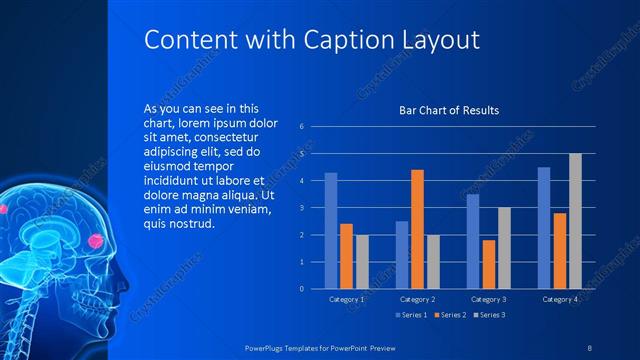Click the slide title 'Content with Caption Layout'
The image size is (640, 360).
pos(311,39)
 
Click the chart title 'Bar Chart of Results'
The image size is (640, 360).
pos(449,110)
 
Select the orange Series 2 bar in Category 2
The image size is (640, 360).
pos(417,229)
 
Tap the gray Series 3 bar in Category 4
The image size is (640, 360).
pos(575,221)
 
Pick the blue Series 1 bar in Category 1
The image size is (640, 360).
pos(331,231)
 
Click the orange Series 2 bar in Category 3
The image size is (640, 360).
pos(488,264)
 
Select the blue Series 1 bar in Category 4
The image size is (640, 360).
pos(544,228)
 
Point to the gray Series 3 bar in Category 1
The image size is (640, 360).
pos(362,262)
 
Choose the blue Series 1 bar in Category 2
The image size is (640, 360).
pos(402,255)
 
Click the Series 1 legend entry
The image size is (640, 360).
pos(411,316)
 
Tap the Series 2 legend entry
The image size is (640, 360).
pos(449,316)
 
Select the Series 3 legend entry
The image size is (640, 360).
pos(487,316)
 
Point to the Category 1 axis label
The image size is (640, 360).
pos(347,299)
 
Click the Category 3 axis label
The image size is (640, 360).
pos(488,299)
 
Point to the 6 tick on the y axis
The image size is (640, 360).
pos(301,127)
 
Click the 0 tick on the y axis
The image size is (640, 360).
pos(301,289)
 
